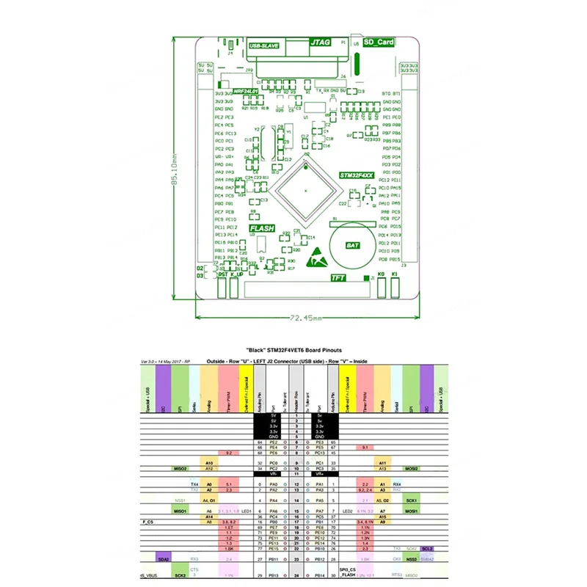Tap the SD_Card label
coord(379,43)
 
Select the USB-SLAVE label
coord(266,45)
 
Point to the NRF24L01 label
coord(246,92)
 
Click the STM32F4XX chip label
coord(356,176)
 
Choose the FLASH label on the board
coord(262,228)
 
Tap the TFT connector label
coord(338,278)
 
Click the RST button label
coord(222,274)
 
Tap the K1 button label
coord(394,274)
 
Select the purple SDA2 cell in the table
coord(163,559)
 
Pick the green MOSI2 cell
coord(412,468)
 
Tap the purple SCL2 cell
coord(428,549)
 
